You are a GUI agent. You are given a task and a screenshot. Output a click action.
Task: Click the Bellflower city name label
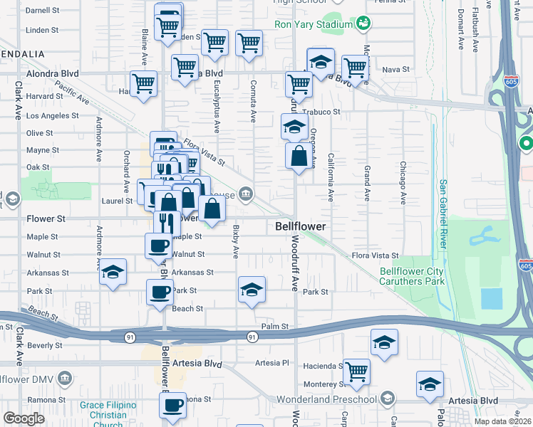[301, 226]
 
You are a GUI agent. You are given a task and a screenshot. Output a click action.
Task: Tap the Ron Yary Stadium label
[314, 23]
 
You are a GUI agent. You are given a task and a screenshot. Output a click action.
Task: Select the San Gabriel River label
[443, 213]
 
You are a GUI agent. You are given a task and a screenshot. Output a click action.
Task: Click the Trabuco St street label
[321, 112]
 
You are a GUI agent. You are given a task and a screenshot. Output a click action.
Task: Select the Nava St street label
[395, 69]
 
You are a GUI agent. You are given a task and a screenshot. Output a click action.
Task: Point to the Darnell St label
[41, 11]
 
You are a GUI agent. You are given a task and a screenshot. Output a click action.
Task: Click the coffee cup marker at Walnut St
[158, 246]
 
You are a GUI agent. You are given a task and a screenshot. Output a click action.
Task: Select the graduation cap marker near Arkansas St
[113, 272]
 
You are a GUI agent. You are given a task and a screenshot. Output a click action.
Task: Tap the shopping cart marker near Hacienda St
[356, 369]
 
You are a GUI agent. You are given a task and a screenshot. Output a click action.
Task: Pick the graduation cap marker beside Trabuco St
[294, 127]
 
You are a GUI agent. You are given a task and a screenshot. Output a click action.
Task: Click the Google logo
[24, 418]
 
